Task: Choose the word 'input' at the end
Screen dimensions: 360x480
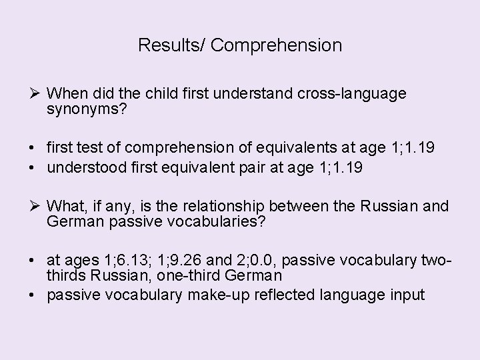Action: point(407,295)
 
